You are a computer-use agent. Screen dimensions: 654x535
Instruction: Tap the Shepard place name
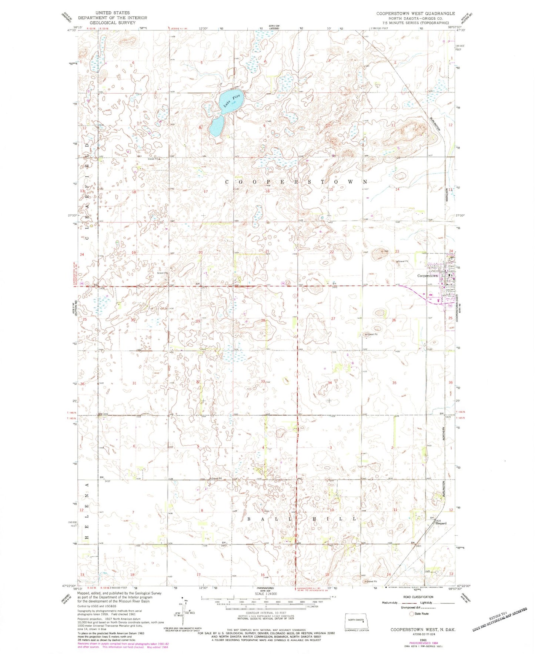[x=441, y=523]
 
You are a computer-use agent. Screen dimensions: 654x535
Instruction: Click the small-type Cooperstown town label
[x=427, y=276]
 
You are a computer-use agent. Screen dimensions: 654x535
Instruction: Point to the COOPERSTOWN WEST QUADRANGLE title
[x=415, y=13]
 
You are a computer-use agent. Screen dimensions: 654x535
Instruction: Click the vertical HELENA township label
[x=87, y=513]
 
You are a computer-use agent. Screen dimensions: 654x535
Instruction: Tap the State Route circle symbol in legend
[x=411, y=614]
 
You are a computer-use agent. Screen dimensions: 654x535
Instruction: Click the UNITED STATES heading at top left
[x=113, y=13]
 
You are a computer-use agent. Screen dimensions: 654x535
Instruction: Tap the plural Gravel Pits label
[x=163, y=273]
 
